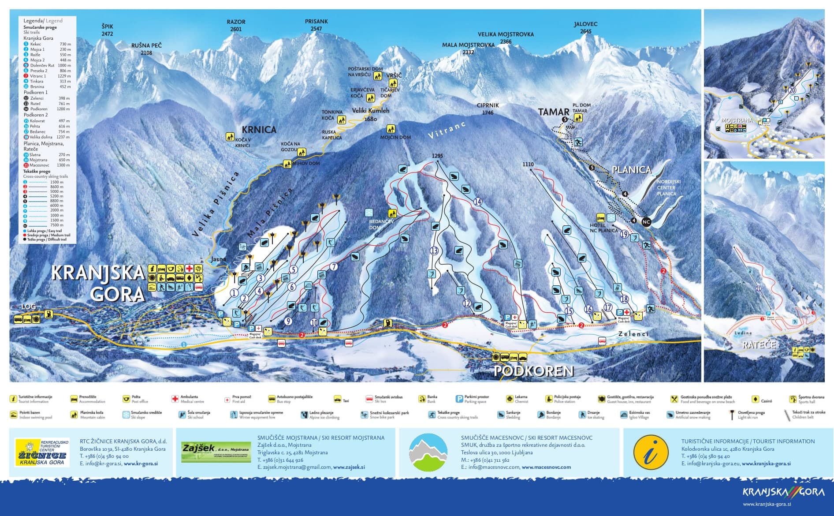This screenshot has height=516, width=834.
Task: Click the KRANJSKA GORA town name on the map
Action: (98, 283)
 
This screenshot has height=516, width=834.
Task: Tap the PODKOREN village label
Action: (533, 371)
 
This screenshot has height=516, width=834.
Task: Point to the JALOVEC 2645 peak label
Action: (585, 27)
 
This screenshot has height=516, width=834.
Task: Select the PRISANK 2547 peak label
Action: (316, 25)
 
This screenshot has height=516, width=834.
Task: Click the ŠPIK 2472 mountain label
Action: (107, 30)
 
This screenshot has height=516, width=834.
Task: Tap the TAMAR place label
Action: (554, 112)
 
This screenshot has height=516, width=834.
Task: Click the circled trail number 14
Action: (478, 202)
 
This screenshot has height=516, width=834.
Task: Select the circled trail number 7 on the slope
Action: (334, 266)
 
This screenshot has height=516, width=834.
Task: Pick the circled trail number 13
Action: (434, 251)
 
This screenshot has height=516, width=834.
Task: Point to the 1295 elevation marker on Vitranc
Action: (437, 156)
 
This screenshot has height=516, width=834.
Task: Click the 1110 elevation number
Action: (528, 164)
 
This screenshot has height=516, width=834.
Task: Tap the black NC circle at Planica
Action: (646, 222)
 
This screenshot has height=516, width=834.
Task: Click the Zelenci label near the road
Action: (633, 334)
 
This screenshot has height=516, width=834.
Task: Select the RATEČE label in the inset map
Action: (759, 344)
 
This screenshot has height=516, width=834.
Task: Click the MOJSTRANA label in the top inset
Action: (737, 120)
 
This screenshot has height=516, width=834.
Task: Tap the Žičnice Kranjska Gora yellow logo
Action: (42, 452)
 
